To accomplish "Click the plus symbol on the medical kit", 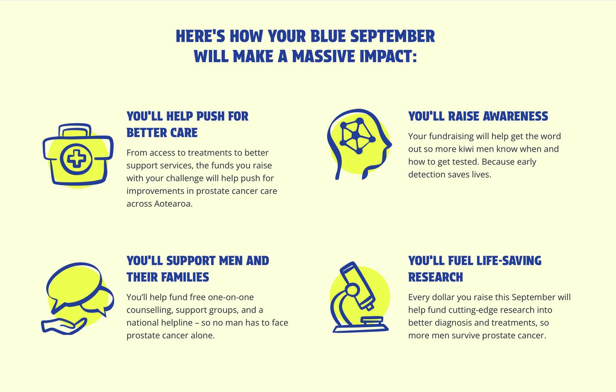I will click(76, 159).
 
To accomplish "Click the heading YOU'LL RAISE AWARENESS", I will click(478, 116).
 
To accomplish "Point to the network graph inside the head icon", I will click(357, 135).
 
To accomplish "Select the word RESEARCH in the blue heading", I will click(435, 277).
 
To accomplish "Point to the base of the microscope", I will click(361, 328).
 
